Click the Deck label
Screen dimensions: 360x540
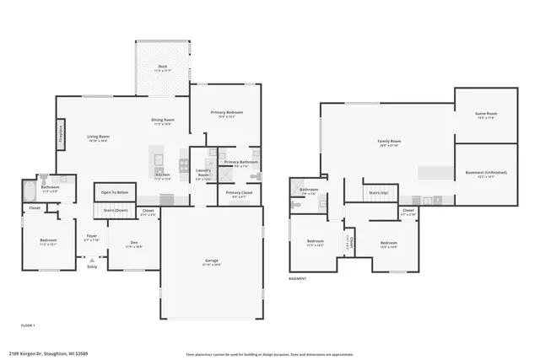pyautogui.click(x=162, y=67)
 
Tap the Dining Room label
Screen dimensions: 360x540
pyautogui.click(x=162, y=121)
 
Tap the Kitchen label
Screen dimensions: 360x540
pyautogui.click(x=162, y=176)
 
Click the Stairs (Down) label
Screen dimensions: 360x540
pyautogui.click(x=116, y=210)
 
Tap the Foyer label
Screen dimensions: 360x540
pyautogui.click(x=91, y=238)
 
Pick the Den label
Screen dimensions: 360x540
pyautogui.click(x=133, y=244)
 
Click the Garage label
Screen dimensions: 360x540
pyautogui.click(x=211, y=261)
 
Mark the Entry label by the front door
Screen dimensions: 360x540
pyautogui.click(x=91, y=267)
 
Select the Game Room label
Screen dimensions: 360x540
pyautogui.click(x=487, y=114)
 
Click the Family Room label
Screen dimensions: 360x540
pyautogui.click(x=388, y=142)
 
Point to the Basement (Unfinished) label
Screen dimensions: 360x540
pyautogui.click(x=486, y=173)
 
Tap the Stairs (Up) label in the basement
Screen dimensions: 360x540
pyautogui.click(x=378, y=192)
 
